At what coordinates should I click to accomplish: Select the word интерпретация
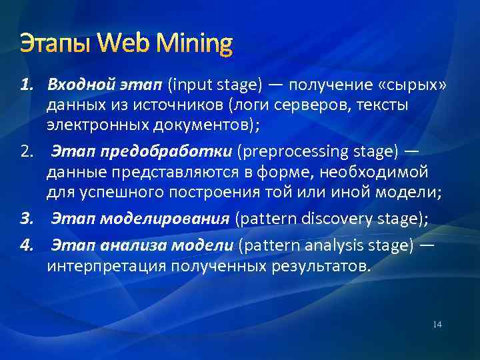(106, 267)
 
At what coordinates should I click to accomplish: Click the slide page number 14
(437, 325)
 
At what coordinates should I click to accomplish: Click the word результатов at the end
(321, 267)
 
